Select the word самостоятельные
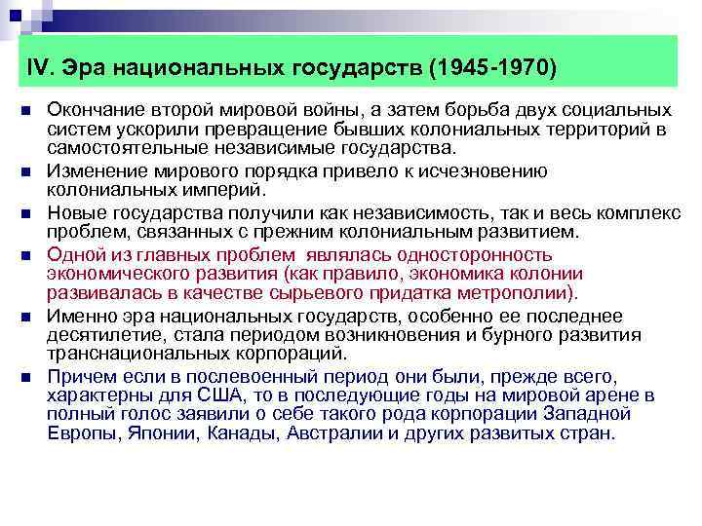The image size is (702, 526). pos(125,148)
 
